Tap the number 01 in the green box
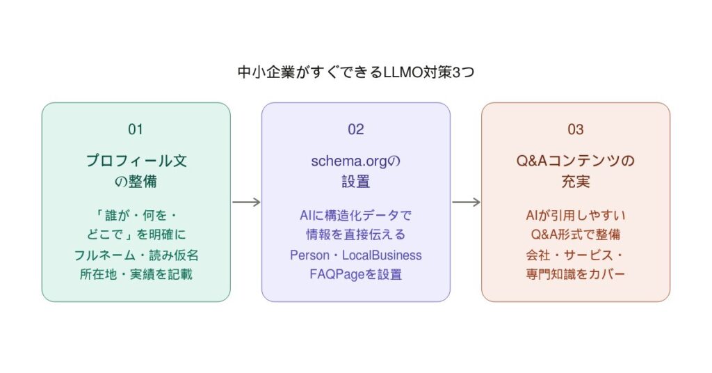pos(136,129)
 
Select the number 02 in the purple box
pos(356,129)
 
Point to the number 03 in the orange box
pos(576,129)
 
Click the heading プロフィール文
pos(136,161)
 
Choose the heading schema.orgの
pos(356,161)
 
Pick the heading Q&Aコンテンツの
pos(576,161)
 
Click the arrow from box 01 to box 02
pos(246,203)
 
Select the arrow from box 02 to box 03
pos(466,203)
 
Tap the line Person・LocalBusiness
pos(356,255)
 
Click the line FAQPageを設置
pos(356,274)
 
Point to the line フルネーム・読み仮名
pos(136,255)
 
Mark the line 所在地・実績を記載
pos(136,274)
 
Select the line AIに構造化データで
pos(356,216)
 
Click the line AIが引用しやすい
pos(576,216)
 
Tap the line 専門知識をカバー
pos(576,274)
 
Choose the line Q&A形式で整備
pos(576,235)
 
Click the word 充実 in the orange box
pos(576,182)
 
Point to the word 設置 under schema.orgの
pos(356,182)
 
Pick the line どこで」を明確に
pos(136,235)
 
